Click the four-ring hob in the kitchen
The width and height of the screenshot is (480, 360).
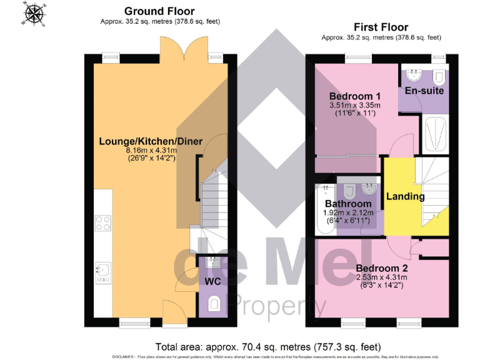point(102,223)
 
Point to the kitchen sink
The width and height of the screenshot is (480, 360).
point(103,270)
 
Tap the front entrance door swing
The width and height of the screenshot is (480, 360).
point(171,309)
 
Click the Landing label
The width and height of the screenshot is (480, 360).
point(405,196)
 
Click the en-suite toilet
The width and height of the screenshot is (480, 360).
point(439,77)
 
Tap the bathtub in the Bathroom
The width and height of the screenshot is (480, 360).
point(323,209)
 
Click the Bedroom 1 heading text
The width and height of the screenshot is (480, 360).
point(354,96)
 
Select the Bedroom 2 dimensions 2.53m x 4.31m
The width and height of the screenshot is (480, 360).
point(381,277)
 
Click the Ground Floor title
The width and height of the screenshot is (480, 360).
point(159,11)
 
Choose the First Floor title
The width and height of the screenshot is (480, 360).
point(381,27)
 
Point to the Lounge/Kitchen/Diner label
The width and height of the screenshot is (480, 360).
point(151,141)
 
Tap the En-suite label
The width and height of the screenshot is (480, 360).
point(424,91)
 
